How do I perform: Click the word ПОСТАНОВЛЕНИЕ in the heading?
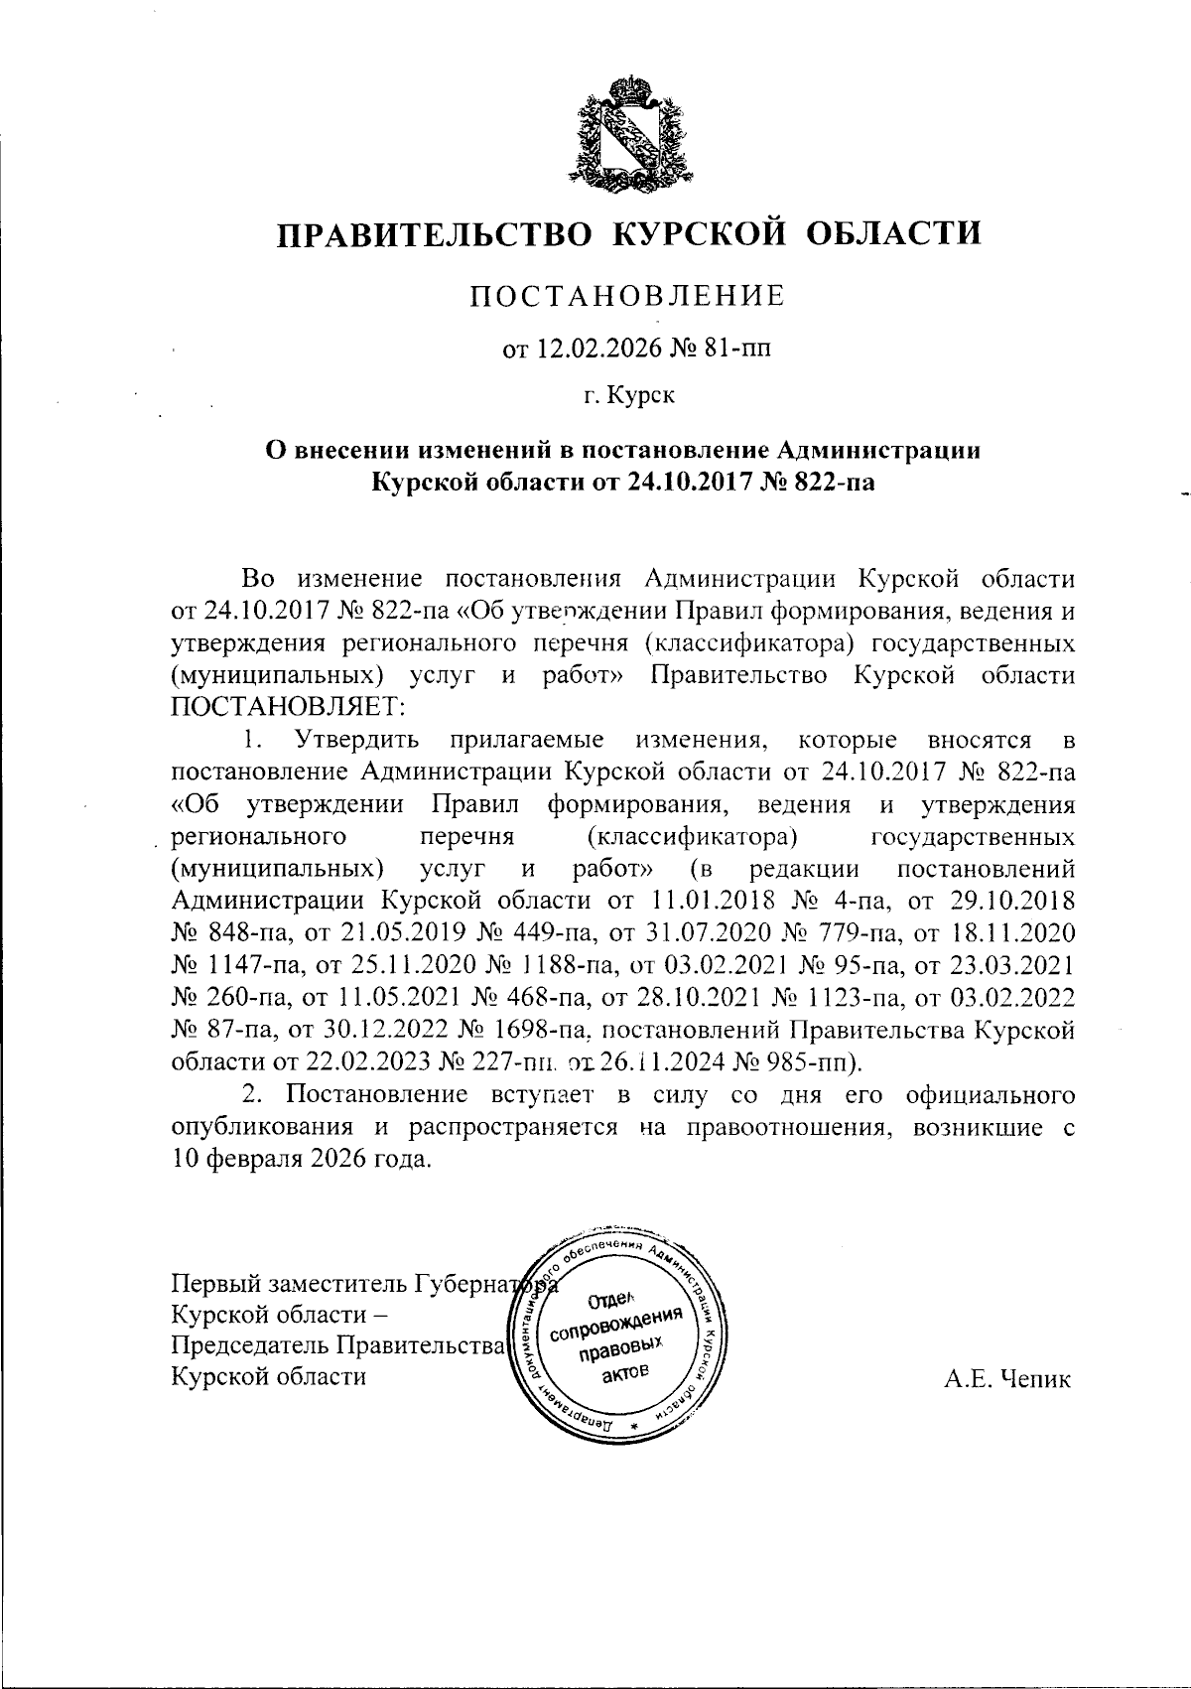point(627,296)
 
